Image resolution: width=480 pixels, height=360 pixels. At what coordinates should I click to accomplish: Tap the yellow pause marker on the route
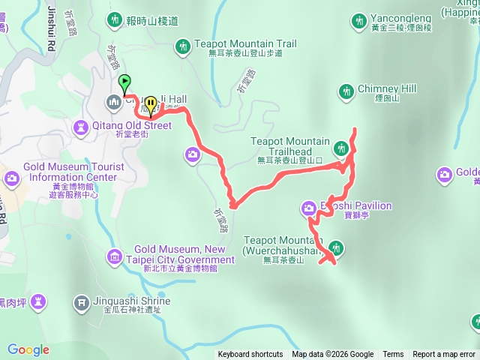pos(151,103)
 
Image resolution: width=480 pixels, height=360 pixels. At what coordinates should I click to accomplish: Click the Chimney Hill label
pos(386,88)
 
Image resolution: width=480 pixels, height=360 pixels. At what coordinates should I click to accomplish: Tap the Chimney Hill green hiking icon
pos(346,91)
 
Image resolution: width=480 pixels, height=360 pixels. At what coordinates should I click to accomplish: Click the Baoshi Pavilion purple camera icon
pos(308,208)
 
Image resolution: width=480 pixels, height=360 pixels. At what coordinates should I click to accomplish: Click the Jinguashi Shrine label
pos(133,301)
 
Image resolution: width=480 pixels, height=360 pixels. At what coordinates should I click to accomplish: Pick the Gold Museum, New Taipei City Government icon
pos(113,256)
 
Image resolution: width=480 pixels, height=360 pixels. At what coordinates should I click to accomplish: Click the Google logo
pos(28,349)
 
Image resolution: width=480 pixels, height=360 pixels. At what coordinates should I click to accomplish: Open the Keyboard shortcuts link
pos(250,355)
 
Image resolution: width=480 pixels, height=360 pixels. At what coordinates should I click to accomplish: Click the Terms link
pos(393,355)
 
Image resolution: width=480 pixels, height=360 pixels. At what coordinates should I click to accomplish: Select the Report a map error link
pos(444,355)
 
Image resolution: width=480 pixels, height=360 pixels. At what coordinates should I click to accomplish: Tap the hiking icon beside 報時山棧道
pos(114,19)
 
